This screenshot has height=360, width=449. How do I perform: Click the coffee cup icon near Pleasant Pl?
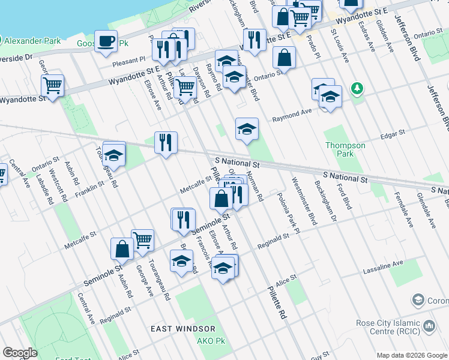(x=106, y=41)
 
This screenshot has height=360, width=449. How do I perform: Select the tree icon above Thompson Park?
(x=358, y=89)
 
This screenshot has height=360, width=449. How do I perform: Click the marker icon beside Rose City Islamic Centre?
(x=429, y=326)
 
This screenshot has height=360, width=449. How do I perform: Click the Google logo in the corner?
(x=20, y=353)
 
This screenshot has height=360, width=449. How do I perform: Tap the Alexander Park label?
(x=32, y=41)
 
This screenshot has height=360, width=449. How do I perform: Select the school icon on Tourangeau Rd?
(x=113, y=155)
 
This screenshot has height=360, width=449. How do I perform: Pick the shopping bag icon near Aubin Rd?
(x=122, y=247)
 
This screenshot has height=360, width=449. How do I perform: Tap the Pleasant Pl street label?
(x=134, y=60)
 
